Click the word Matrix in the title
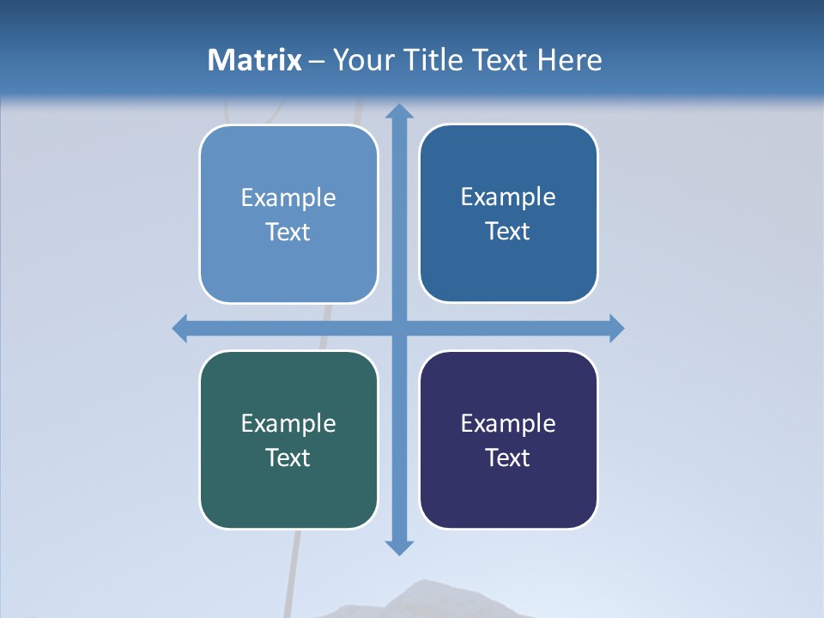255,60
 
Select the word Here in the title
570,60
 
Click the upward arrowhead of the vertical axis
398,111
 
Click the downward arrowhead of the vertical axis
398,547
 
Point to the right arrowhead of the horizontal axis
615,328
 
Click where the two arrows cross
398,328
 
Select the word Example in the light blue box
288,197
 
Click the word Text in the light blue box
288,232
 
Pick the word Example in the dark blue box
508,197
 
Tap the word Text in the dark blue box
508,231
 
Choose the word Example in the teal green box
288,423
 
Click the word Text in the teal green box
288,457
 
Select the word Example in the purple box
508,423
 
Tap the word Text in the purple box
508,457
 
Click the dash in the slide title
317,61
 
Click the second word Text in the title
500,60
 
